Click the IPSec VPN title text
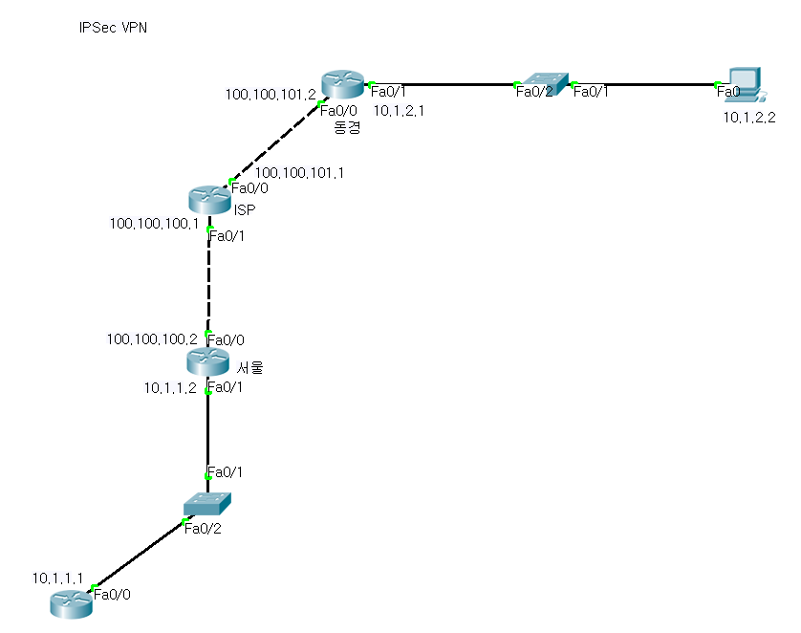[113, 29]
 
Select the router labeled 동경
[341, 84]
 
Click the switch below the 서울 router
[207, 502]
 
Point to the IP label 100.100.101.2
[271, 94]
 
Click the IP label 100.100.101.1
[299, 172]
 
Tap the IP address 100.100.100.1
[155, 224]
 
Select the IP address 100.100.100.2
[153, 338]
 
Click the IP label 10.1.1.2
[170, 387]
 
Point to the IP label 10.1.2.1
[399, 110]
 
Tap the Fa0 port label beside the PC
[728, 91]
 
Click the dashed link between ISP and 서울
[208, 282]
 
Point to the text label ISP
[244, 209]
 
